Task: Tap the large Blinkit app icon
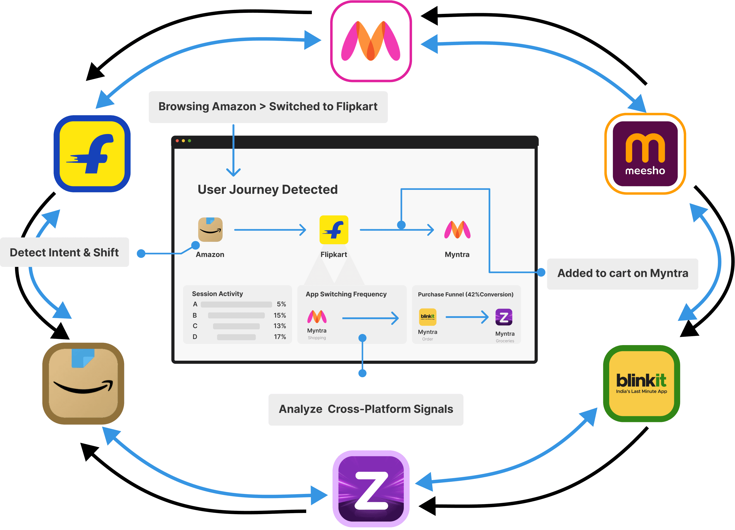pos(641,383)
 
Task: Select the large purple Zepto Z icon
pos(371,488)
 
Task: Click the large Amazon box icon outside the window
pos(83,383)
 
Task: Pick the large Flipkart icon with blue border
pos(92,154)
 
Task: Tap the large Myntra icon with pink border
pos(371,41)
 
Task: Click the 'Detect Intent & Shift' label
pos(65,252)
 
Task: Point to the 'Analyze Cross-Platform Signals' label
pos(366,409)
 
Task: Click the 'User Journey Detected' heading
pos(267,190)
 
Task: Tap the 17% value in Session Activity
pos(280,337)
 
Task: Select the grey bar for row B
pos(236,315)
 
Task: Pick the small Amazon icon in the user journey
pos(210,229)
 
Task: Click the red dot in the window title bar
pos(177,141)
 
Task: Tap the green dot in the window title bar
pos(190,141)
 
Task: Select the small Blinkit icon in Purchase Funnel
pos(428,317)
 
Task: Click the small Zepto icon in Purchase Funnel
pos(504,317)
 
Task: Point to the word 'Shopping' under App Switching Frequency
pos(317,338)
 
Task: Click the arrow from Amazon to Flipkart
pos(270,230)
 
